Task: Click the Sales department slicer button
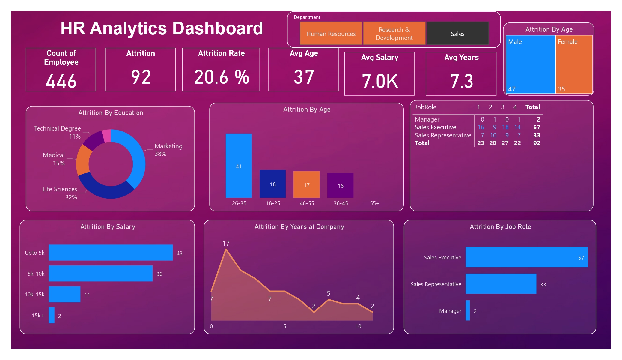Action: point(457,34)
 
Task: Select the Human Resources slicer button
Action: point(331,34)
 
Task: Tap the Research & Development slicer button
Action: point(394,34)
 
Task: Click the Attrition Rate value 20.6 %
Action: point(221,77)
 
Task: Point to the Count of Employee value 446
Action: point(61,81)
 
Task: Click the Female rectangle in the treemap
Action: point(574,64)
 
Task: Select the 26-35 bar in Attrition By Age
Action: point(239,166)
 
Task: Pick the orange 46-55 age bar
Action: point(306,184)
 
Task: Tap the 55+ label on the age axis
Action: point(374,203)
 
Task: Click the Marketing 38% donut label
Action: point(168,150)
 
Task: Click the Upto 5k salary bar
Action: point(111,253)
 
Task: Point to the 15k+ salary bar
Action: point(52,315)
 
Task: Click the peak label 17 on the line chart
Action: point(226,243)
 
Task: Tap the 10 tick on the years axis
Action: point(358,326)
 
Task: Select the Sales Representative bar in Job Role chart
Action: point(501,284)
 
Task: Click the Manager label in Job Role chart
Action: point(450,311)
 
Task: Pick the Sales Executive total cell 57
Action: point(537,127)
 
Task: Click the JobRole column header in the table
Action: point(425,107)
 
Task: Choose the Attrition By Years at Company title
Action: point(299,227)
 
